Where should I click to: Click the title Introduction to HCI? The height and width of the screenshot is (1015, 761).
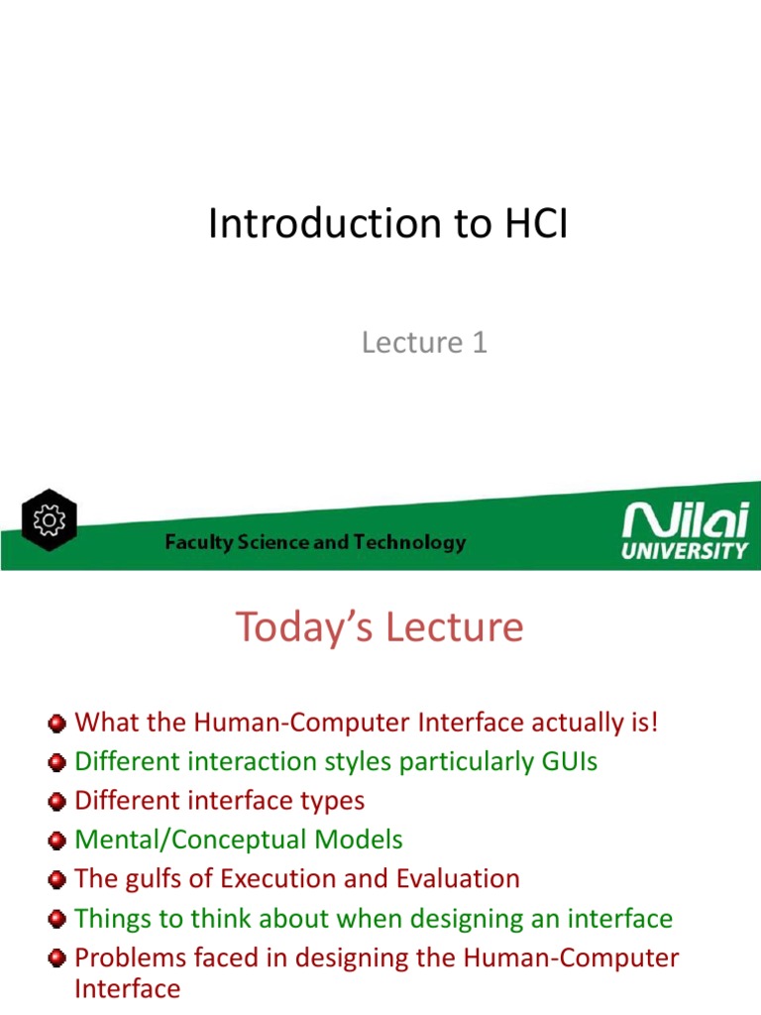coord(388,225)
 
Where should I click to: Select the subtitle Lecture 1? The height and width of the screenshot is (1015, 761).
coord(424,343)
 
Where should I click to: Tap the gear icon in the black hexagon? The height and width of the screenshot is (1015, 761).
coord(49,520)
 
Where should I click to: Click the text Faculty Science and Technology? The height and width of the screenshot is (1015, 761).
coord(314,542)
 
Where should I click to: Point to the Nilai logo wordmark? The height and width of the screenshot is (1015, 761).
coord(685,522)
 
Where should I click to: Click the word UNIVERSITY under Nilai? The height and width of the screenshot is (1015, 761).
coord(685,551)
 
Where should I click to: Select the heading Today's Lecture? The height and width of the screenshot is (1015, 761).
coord(379,627)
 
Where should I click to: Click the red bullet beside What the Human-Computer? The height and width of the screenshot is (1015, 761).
coord(59,723)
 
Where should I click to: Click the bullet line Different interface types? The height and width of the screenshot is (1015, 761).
coord(220,801)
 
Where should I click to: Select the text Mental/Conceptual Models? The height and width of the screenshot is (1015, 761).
coord(239,841)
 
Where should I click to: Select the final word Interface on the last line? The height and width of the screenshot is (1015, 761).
coord(128,988)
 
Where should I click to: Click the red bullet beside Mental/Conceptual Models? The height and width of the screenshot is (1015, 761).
coord(59,842)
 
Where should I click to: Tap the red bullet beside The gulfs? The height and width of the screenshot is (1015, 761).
coord(59,880)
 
